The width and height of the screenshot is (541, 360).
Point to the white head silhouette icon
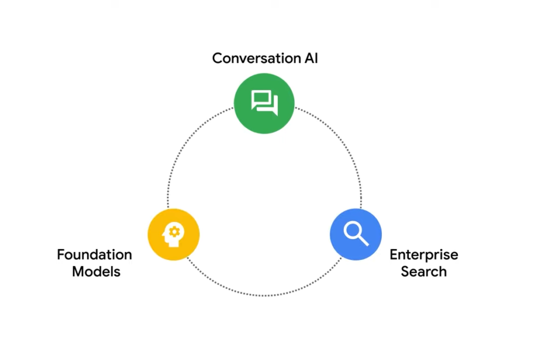tap(174, 234)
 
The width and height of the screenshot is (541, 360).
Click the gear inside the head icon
tap(174, 231)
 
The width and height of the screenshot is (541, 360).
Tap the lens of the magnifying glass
tap(353, 230)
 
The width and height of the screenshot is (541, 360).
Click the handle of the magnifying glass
tap(363, 240)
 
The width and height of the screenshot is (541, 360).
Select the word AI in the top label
tap(310, 58)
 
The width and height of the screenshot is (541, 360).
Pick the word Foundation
tap(94, 255)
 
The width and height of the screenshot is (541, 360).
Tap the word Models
tap(96, 272)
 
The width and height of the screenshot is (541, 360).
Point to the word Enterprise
tap(423, 255)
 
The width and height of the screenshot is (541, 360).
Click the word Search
tap(423, 272)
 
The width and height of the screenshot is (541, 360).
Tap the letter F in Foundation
tap(61, 255)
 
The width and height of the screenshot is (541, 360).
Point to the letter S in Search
tap(405, 272)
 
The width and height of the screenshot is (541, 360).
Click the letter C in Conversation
tap(217, 58)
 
